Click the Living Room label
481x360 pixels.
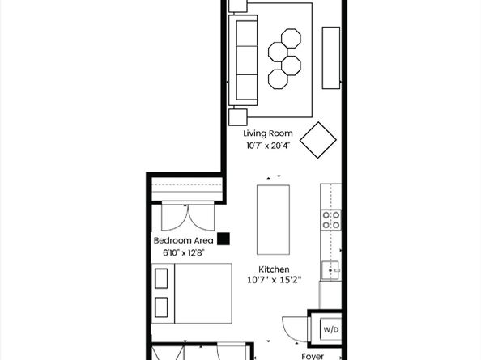pyautogui.click(x=268, y=133)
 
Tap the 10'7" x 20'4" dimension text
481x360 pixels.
pyautogui.click(x=268, y=146)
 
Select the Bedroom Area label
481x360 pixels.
pyautogui.click(x=184, y=240)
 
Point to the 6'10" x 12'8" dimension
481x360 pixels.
pyautogui.click(x=184, y=252)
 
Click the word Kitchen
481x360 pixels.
pyautogui.click(x=274, y=269)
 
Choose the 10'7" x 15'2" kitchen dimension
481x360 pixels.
pyautogui.click(x=275, y=280)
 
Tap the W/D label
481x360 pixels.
pyautogui.click(x=331, y=330)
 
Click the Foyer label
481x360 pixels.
pyautogui.click(x=313, y=356)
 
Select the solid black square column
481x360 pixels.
pyautogui.click(x=223, y=239)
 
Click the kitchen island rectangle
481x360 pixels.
pyautogui.click(x=273, y=220)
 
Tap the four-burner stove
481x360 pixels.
pyautogui.click(x=331, y=220)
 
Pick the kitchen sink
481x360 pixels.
pyautogui.click(x=330, y=270)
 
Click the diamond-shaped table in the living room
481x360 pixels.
pyautogui.click(x=317, y=140)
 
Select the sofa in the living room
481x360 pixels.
pyautogui.click(x=243, y=61)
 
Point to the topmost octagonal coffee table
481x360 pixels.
pyautogui.click(x=291, y=38)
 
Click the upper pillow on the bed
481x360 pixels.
pyautogui.click(x=161, y=278)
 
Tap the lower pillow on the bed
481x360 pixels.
pyautogui.click(x=161, y=307)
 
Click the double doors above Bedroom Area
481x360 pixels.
pyautogui.click(x=188, y=216)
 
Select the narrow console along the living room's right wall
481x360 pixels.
pyautogui.click(x=331, y=58)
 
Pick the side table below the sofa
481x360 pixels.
pyautogui.click(x=238, y=117)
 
